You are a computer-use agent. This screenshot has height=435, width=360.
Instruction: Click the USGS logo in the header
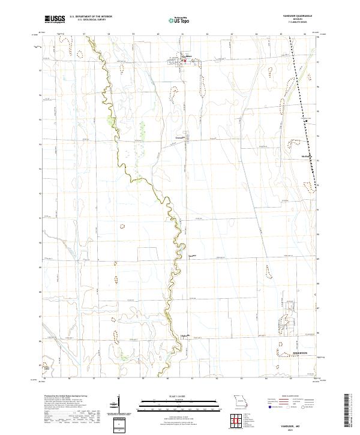55,19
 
